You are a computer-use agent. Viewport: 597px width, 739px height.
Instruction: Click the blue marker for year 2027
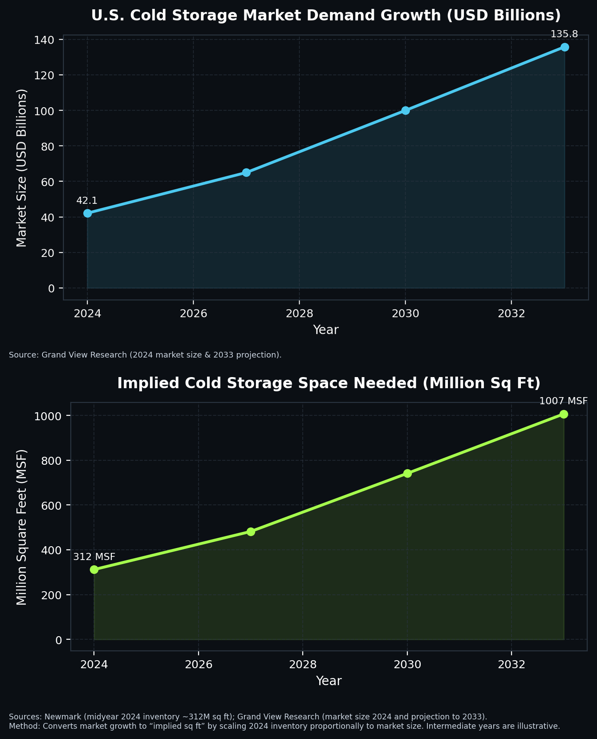click(246, 172)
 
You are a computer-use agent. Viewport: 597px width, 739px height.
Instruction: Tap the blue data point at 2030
click(405, 110)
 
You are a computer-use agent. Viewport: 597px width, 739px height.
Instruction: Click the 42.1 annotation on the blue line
click(87, 201)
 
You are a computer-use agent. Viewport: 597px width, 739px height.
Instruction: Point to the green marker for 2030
click(407, 473)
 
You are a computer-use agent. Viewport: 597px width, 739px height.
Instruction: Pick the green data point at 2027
click(251, 532)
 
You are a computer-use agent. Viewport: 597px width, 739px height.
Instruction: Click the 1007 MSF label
click(563, 401)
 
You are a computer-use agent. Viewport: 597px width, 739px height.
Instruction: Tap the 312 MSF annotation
click(94, 556)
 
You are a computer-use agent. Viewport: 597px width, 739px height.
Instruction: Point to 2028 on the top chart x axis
click(299, 313)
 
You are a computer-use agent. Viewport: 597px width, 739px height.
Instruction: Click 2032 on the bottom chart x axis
click(512, 665)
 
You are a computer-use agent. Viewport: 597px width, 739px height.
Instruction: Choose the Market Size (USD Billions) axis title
click(21, 168)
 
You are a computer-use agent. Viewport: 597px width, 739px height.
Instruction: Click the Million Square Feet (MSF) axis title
click(21, 527)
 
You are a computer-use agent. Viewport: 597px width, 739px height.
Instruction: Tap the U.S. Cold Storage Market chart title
click(325, 16)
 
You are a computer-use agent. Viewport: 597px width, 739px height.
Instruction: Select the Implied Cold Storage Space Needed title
click(329, 383)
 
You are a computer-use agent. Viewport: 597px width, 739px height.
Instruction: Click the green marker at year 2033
click(564, 414)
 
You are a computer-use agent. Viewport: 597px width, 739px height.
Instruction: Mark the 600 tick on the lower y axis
click(51, 505)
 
